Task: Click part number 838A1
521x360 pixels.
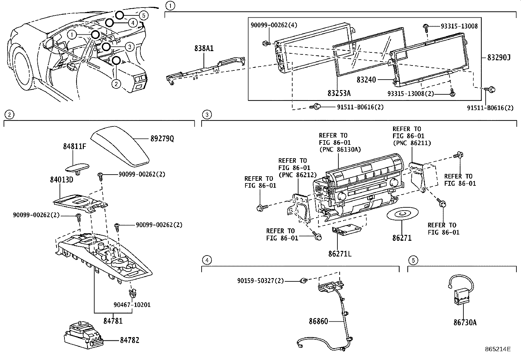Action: pyautogui.click(x=204, y=48)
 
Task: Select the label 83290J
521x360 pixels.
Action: pyautogui.click(x=499, y=58)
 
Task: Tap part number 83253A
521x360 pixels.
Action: pyautogui.click(x=339, y=93)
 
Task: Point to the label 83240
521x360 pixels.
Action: pyautogui.click(x=366, y=80)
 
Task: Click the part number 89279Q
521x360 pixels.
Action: pyautogui.click(x=162, y=139)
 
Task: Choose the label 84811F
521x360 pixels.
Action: pyautogui.click(x=74, y=146)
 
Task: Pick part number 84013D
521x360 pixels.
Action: pyautogui.click(x=62, y=180)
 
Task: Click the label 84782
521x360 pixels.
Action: pyautogui.click(x=129, y=340)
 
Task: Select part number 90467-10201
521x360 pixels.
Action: pyautogui.click(x=132, y=305)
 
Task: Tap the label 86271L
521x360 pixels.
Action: pyautogui.click(x=340, y=254)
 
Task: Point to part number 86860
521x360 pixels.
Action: pyautogui.click(x=318, y=321)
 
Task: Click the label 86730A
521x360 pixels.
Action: pyautogui.click(x=465, y=323)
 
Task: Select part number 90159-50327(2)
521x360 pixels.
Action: pyautogui.click(x=260, y=281)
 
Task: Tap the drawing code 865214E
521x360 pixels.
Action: pyautogui.click(x=498, y=349)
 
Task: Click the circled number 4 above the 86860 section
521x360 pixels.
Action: pyautogui.click(x=207, y=260)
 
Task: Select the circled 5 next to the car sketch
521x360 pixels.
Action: pyautogui.click(x=143, y=15)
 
